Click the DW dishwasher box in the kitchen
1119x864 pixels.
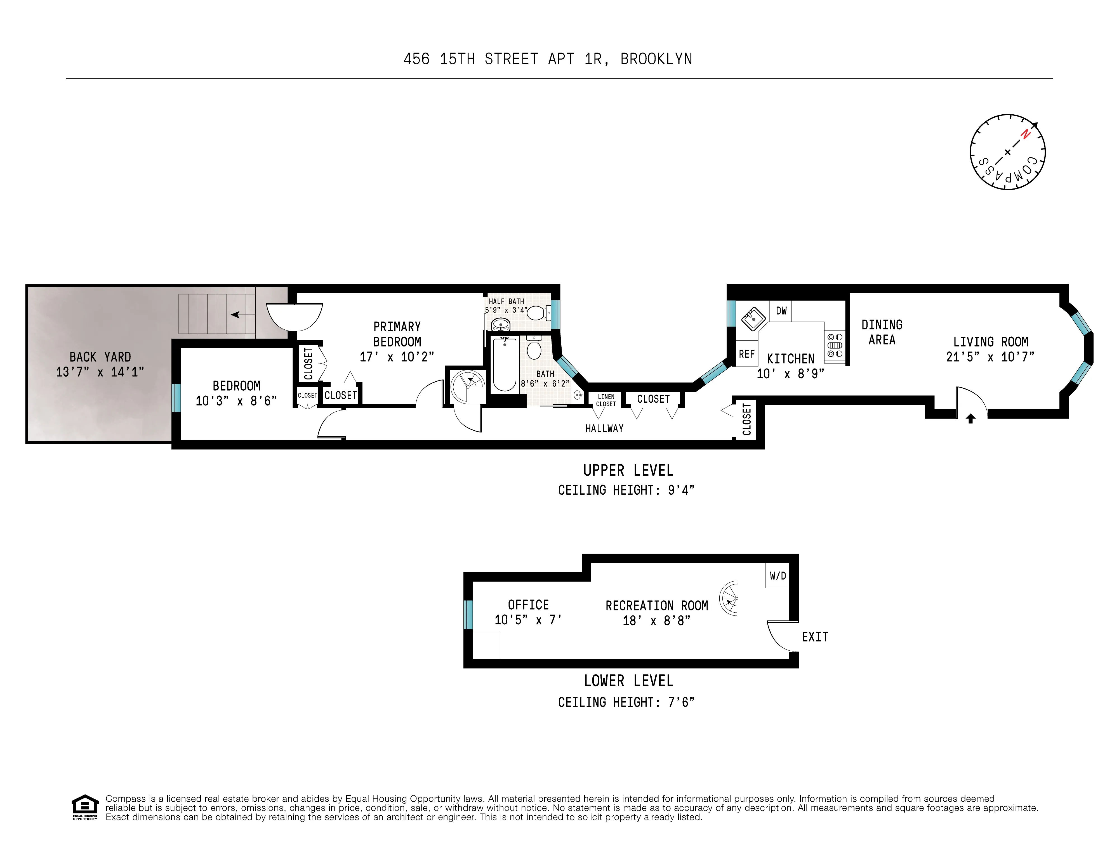781,311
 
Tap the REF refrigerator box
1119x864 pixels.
746,354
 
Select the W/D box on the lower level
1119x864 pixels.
777,576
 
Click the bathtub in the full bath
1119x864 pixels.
505,363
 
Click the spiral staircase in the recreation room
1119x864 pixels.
729,598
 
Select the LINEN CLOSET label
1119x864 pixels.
606,400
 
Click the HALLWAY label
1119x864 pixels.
604,428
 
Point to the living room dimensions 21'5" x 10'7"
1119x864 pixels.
990,357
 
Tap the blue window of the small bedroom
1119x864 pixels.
176,397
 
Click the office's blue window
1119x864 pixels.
468,614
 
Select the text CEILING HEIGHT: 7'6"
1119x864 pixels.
626,702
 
